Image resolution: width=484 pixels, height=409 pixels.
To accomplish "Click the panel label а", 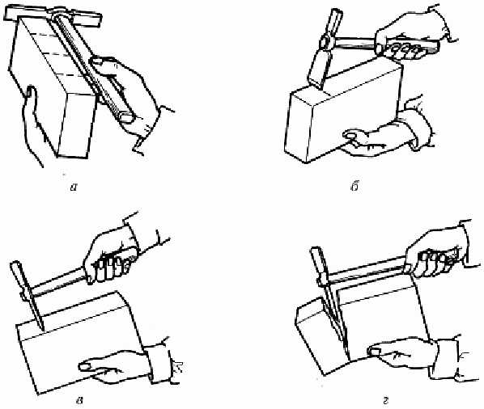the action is [x=74, y=187].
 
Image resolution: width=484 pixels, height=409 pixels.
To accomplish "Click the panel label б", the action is [x=355, y=187].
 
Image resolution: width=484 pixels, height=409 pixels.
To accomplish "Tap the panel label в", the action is [x=79, y=401].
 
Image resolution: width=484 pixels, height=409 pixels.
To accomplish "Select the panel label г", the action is [x=385, y=401].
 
